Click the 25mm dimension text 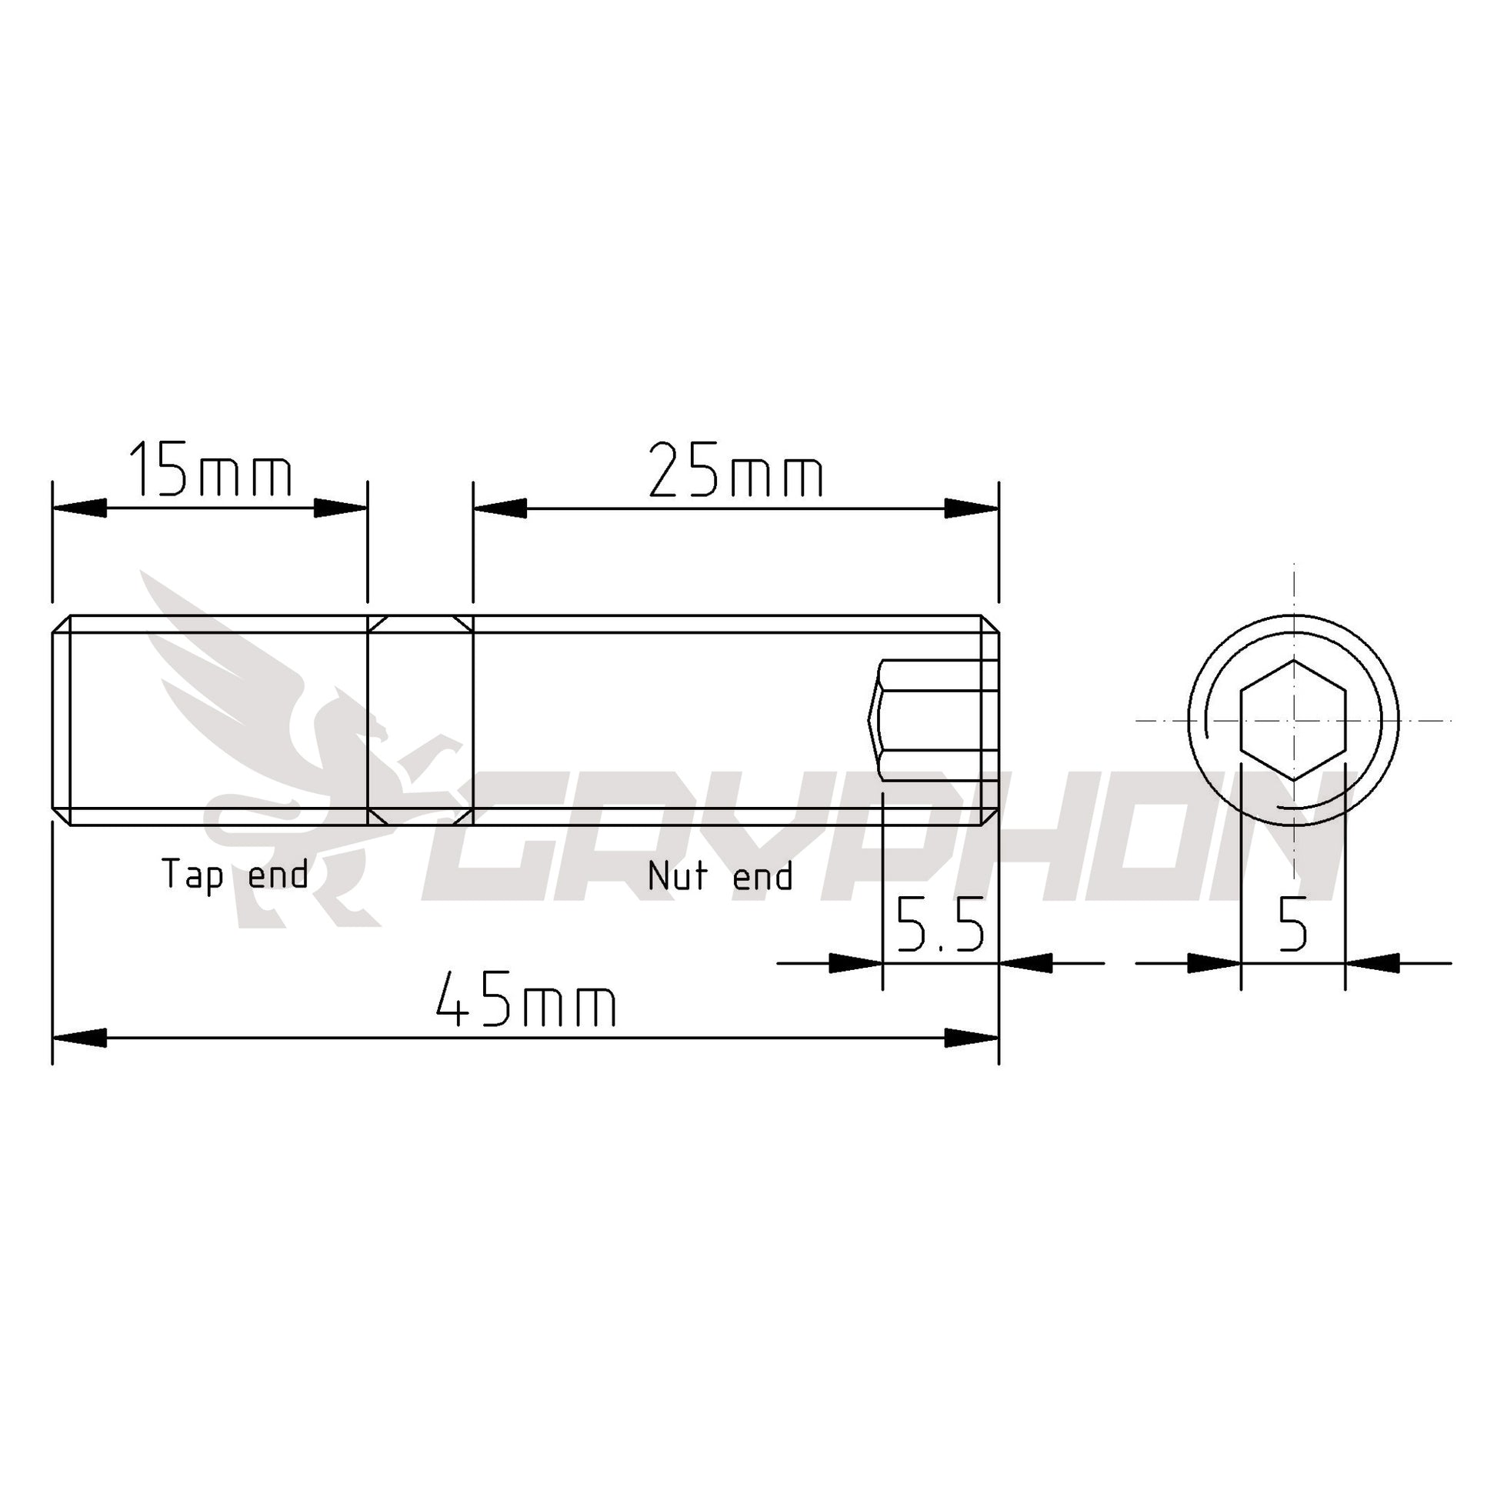(736, 470)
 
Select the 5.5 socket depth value (940, 924)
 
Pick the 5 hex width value (1292, 924)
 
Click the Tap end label (235, 875)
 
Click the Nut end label (720, 875)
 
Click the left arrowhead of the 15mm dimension (79, 508)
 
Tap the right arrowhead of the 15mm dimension (341, 508)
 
